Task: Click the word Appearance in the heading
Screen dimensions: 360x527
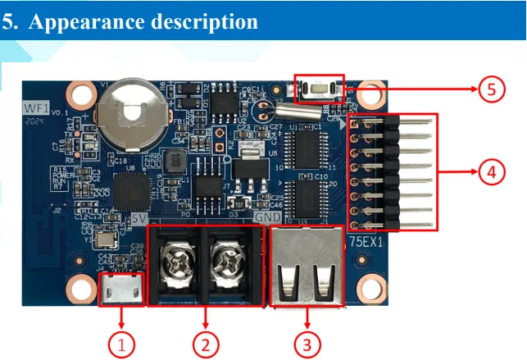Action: [x=89, y=22]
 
